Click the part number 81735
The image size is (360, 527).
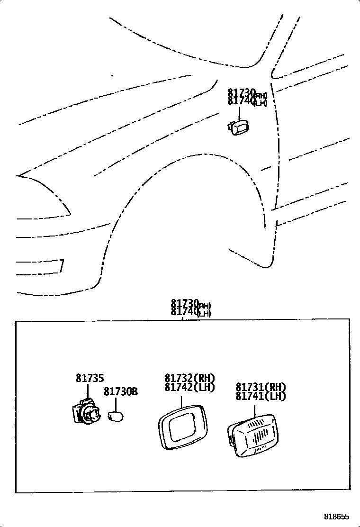click(90, 379)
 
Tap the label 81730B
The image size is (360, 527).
click(121, 392)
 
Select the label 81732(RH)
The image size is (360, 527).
click(190, 378)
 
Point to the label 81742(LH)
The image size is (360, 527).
click(190, 387)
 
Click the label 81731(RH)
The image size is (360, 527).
click(261, 387)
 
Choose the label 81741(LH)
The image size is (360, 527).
click(261, 396)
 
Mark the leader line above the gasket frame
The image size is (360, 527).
click(182, 401)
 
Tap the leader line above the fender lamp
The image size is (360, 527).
click(239, 113)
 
